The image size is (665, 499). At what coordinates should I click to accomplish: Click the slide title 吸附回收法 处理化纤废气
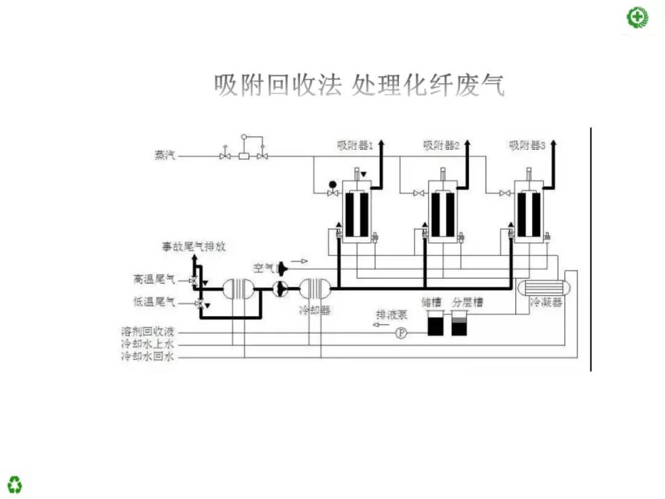click(360, 86)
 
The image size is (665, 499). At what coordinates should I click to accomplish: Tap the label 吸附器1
click(355, 145)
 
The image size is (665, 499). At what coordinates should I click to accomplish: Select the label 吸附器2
click(441, 145)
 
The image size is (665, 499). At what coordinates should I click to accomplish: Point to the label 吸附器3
click(527, 145)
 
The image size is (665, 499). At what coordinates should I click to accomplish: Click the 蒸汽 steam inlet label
click(164, 155)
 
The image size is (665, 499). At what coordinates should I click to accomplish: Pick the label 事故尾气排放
click(193, 246)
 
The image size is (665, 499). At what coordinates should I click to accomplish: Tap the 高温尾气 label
click(154, 280)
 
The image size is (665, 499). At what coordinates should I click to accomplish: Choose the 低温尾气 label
click(154, 302)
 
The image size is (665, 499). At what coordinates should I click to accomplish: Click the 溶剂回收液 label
click(148, 333)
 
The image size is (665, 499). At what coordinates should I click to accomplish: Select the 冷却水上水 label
click(148, 344)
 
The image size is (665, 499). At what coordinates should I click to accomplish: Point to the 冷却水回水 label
click(148, 356)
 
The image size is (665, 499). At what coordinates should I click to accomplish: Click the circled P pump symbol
click(401, 333)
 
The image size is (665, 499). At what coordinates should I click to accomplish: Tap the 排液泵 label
click(392, 314)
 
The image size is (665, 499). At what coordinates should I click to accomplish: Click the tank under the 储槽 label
click(435, 324)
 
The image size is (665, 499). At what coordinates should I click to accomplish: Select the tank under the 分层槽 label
click(459, 324)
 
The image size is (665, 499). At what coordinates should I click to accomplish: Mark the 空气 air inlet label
click(263, 268)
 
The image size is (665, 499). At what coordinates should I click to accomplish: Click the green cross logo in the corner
click(638, 17)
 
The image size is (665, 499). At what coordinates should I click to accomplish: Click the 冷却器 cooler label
click(315, 310)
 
